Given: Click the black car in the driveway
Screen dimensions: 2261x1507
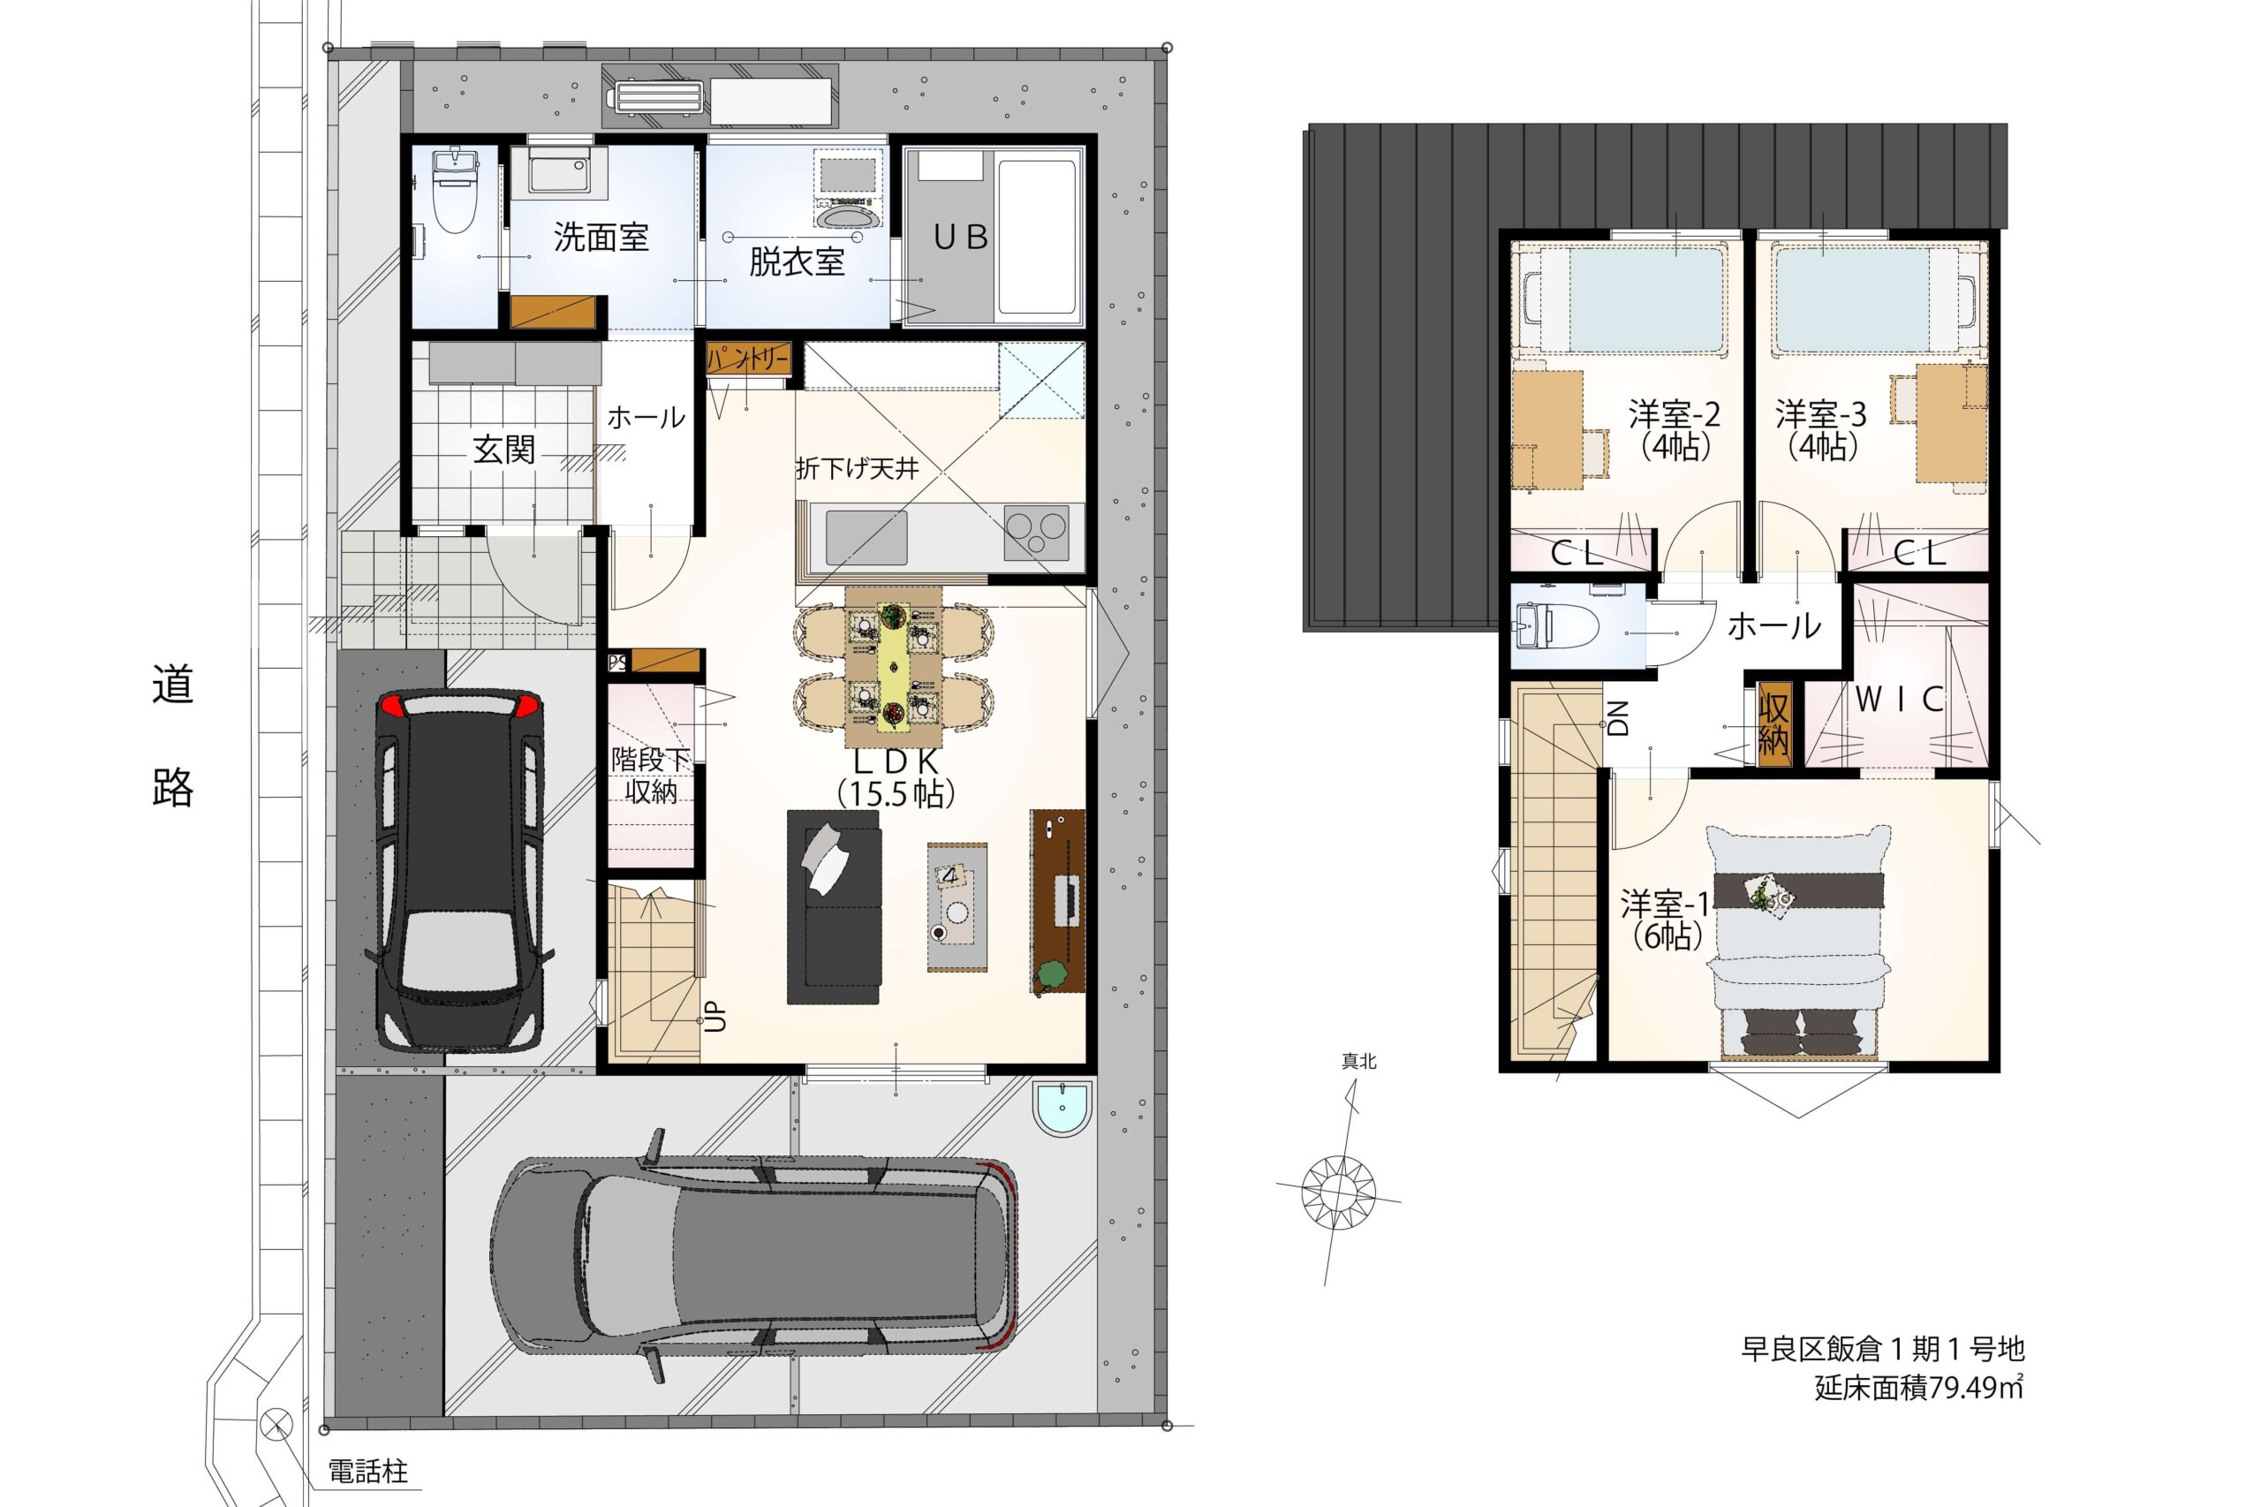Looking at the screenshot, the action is (x=459, y=870).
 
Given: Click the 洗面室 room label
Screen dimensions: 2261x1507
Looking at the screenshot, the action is (x=601, y=237).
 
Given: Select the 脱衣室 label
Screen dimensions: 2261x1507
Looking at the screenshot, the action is (x=797, y=261).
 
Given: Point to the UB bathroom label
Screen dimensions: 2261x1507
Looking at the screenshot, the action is (x=961, y=237).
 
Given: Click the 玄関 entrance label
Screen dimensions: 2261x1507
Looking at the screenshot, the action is (x=503, y=450).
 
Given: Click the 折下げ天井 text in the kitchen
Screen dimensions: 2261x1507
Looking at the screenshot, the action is (x=857, y=469).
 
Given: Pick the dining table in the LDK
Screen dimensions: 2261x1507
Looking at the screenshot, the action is (x=894, y=667).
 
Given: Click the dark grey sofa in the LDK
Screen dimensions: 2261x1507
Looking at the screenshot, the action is (x=833, y=907).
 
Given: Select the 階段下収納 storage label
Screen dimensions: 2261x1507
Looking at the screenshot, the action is (x=652, y=776).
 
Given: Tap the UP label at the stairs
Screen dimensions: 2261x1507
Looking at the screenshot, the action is (x=717, y=1019).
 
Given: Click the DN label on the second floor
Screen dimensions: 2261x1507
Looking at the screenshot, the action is (x=1619, y=717).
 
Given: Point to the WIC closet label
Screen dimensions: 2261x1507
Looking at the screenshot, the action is (x=1899, y=699).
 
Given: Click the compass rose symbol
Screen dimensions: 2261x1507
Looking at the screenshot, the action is (x=1337, y=1191).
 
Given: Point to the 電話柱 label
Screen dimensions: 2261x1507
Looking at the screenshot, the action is (x=368, y=1472).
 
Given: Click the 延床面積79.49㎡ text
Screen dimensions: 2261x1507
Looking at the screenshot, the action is (x=1919, y=1388).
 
